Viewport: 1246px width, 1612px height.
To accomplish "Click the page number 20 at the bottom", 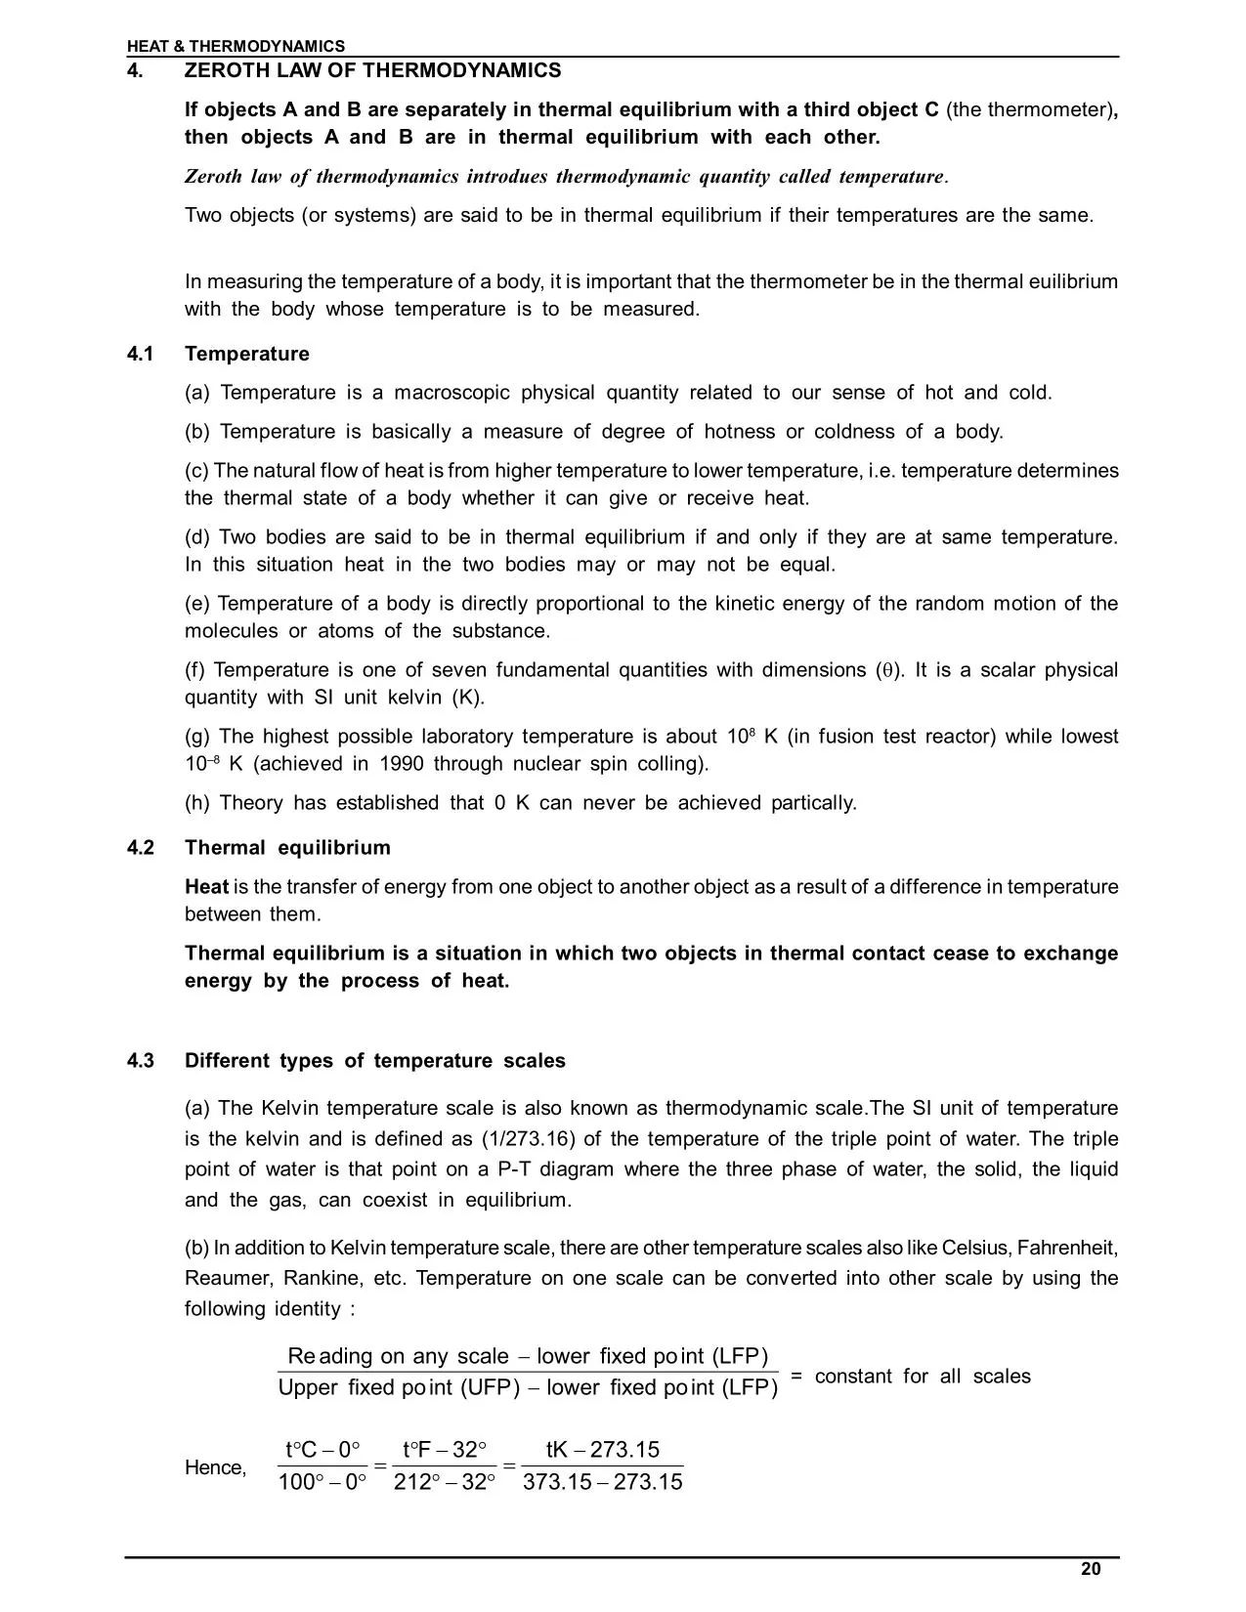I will coord(1091,1569).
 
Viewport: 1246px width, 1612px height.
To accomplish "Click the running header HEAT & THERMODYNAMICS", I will coord(236,46).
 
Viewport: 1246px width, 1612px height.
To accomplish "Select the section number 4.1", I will coord(141,354).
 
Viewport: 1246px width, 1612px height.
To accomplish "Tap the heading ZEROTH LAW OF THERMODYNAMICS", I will coord(372,70).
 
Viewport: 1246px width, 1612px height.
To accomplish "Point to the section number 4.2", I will coord(141,847).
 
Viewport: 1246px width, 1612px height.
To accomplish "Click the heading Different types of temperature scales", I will coord(374,1061).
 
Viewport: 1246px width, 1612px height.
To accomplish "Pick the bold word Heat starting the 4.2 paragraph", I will coord(206,887).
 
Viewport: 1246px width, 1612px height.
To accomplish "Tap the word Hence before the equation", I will coord(215,1467).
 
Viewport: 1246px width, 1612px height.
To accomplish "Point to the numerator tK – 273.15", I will coord(603,1450).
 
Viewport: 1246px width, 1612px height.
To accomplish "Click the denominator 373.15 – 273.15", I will coord(603,1482).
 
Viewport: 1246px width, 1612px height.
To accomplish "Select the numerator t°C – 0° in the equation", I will coord(322,1450).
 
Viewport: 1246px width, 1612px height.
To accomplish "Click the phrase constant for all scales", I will coord(923,1377).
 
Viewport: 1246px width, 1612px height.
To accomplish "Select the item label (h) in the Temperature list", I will coord(196,803).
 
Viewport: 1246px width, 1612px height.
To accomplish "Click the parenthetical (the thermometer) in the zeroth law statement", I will coord(1030,109).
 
